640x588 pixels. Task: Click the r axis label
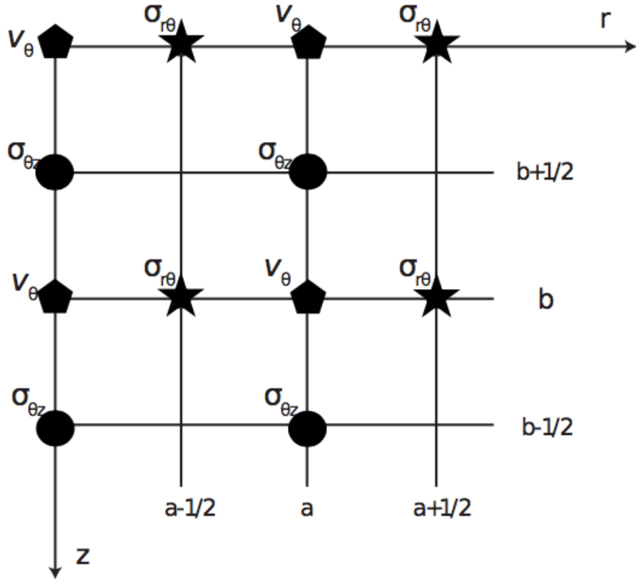605,20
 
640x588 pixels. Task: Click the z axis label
83,556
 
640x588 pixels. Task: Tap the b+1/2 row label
545,171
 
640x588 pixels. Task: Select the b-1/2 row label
547,427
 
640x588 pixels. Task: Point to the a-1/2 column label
190,508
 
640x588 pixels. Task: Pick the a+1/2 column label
442,508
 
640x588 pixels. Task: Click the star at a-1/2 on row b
181,297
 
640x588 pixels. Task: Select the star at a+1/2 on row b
436,297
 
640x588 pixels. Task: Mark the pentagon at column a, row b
308,297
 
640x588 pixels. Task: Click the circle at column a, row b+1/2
308,172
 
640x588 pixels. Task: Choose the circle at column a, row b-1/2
307,428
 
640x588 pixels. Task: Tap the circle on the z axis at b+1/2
55,172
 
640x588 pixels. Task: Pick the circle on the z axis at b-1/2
55,428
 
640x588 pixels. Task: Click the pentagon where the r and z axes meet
55,42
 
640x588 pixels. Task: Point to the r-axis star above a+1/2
437,43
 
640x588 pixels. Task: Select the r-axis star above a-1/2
181,43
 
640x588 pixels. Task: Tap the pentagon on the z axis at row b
55,297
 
